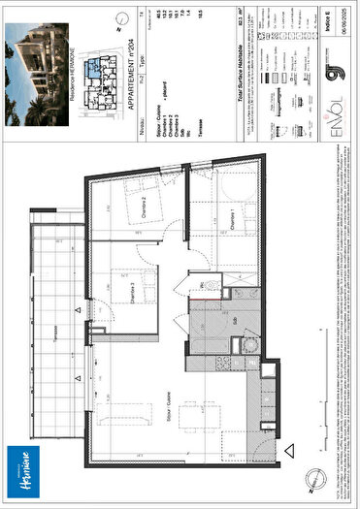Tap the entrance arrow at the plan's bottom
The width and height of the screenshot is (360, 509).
pos(288,450)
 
